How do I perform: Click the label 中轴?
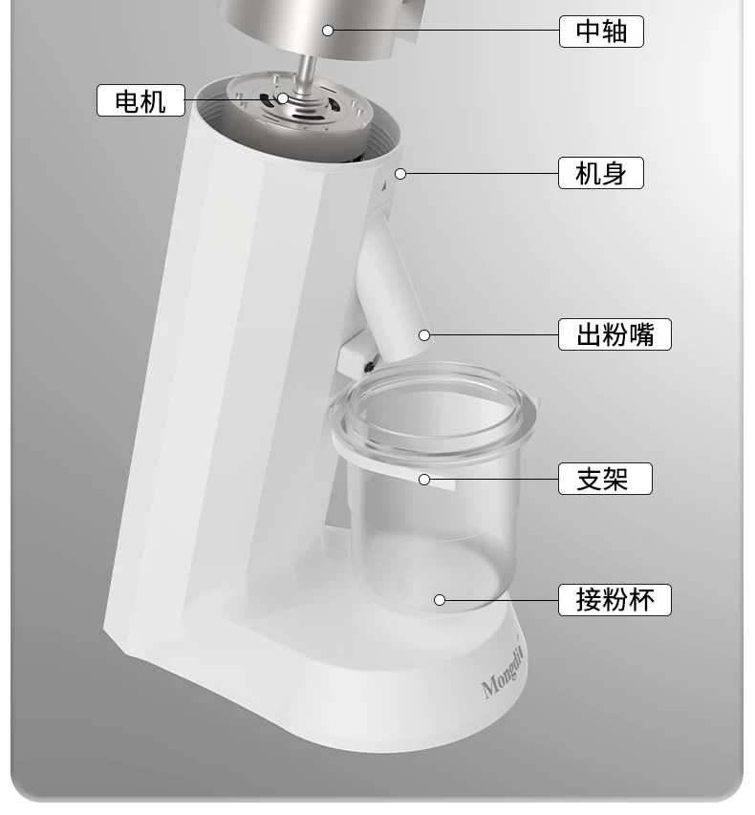coord(601,32)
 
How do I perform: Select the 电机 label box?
coord(140,99)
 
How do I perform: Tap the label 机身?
coord(601,173)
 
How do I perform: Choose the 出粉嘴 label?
coord(615,334)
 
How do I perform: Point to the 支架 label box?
coord(605,478)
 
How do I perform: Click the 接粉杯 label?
coord(615,600)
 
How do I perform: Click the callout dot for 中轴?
coord(328,31)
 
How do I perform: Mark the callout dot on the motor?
coord(282,98)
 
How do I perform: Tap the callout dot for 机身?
coord(400,174)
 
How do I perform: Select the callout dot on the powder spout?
coord(424,335)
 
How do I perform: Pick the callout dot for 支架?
coord(424,480)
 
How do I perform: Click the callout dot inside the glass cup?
coord(440,600)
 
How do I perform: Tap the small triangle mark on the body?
coord(384,186)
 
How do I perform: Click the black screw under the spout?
coord(370,367)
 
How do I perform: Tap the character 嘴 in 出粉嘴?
coord(641,334)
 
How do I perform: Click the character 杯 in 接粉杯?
coord(641,600)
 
